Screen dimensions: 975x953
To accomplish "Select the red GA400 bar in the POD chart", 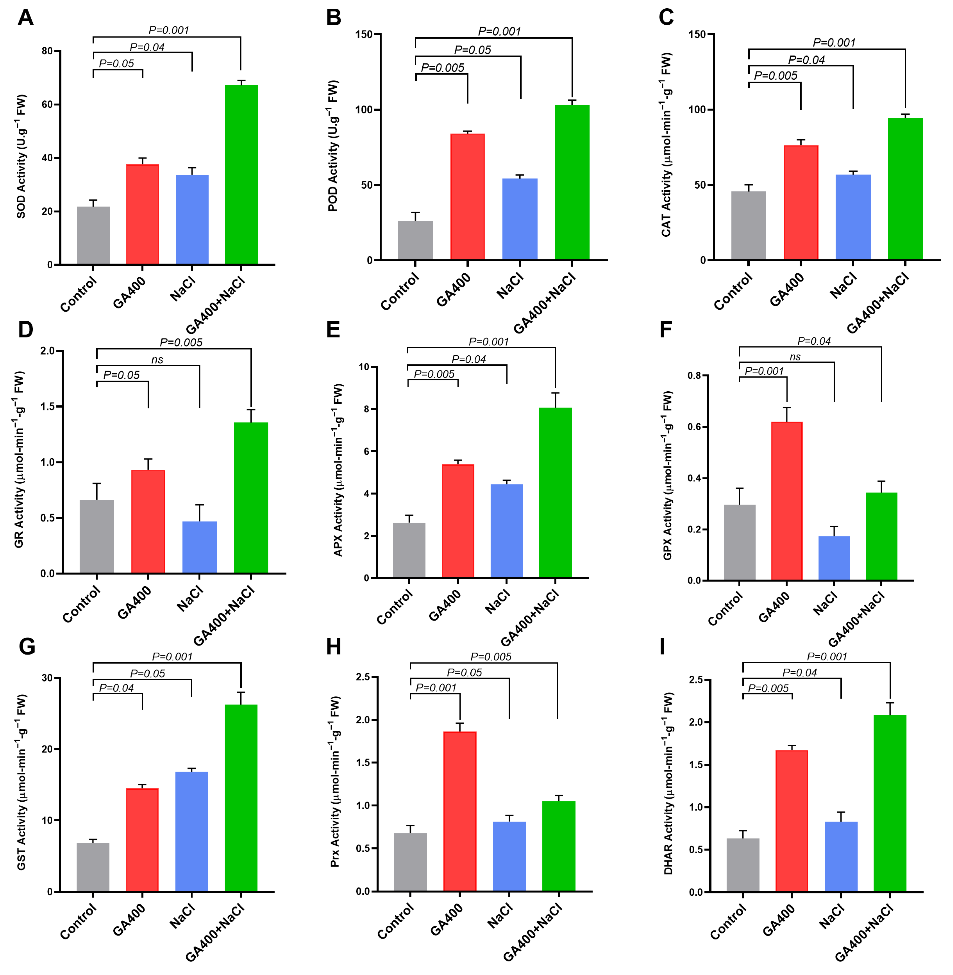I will (x=467, y=197).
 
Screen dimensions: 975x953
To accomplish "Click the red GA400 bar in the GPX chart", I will (x=787, y=500).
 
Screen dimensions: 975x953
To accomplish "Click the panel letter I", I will (x=663, y=647).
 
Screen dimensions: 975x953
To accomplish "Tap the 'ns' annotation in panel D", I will (x=157, y=359).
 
